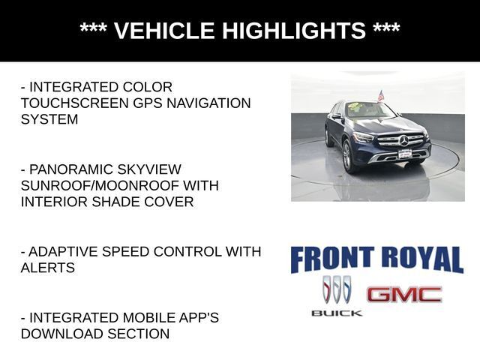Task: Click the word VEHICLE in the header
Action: (x=164, y=30)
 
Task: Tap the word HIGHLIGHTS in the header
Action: (x=294, y=30)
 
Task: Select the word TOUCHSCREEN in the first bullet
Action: (x=75, y=103)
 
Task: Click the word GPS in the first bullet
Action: (x=148, y=103)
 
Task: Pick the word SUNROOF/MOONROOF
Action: (x=100, y=185)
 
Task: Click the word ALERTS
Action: (x=48, y=268)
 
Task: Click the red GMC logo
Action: (x=404, y=295)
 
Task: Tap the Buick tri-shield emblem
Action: (x=337, y=289)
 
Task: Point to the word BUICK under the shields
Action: (x=337, y=313)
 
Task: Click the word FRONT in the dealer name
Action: (x=332, y=259)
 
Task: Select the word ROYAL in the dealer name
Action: (x=423, y=259)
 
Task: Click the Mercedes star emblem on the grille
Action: (x=403, y=140)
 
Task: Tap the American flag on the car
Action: (x=380, y=95)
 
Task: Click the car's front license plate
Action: (x=405, y=154)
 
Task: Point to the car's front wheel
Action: (x=348, y=155)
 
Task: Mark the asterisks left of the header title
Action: (x=93, y=28)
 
